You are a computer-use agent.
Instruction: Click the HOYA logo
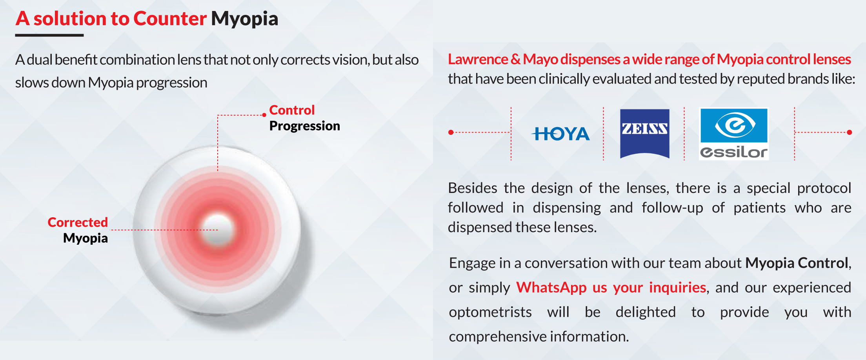click(x=560, y=134)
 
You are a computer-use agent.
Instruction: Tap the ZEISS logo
click(x=644, y=133)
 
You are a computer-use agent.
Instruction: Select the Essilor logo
click(x=734, y=134)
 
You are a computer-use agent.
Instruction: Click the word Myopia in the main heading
click(x=245, y=19)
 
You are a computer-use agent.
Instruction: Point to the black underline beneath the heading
click(x=49, y=35)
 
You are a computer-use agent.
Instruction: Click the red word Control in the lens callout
click(x=292, y=110)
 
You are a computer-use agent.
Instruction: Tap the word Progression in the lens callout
click(x=305, y=126)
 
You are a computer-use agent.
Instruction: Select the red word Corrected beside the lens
click(x=78, y=222)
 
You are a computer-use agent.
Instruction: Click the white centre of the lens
click(x=218, y=230)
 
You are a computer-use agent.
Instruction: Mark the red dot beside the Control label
click(x=264, y=115)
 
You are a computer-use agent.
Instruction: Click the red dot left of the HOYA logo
click(x=451, y=133)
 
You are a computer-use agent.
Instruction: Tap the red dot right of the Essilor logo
click(x=850, y=133)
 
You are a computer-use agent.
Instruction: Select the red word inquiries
click(x=677, y=287)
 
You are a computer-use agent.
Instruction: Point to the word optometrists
click(x=490, y=312)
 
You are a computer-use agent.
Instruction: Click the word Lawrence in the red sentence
click(x=478, y=59)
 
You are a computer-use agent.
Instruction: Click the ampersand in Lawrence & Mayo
click(x=515, y=59)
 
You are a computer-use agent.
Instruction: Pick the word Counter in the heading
click(x=170, y=19)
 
